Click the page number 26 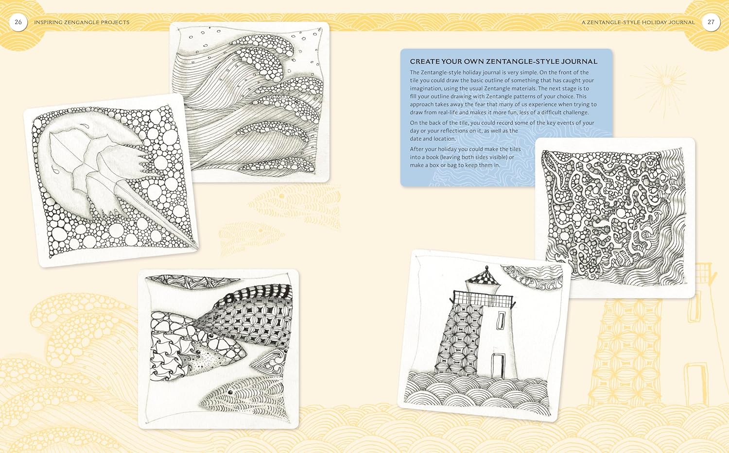(x=18, y=22)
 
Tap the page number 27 (x=711, y=22)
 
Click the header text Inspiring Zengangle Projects (x=82, y=22)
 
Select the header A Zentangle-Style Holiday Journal (x=638, y=22)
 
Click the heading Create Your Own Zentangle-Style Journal (x=503, y=62)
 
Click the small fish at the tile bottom (x=243, y=396)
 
